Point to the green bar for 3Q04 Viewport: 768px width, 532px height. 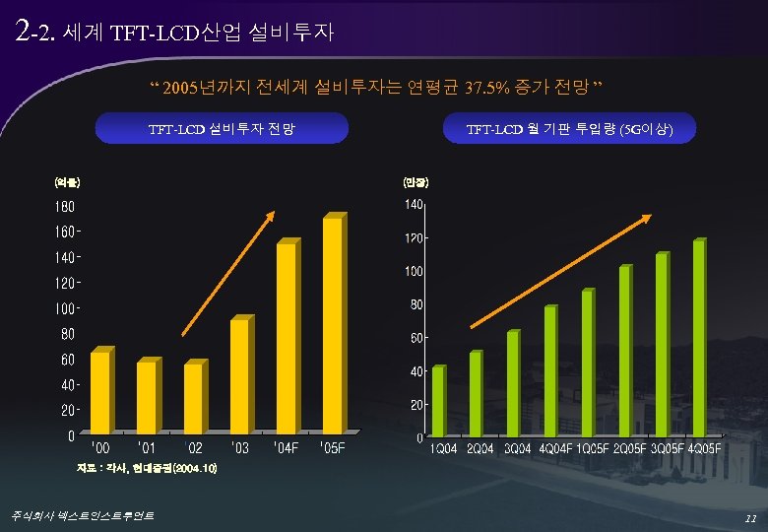tap(513, 383)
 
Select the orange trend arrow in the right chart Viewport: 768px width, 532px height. tap(559, 271)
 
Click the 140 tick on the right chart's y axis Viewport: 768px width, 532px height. tap(413, 205)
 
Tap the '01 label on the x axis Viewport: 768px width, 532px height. tap(147, 449)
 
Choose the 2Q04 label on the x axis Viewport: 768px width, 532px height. tap(481, 449)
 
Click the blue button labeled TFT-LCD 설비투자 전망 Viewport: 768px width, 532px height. tap(222, 129)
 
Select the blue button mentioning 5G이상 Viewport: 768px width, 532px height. tap(568, 129)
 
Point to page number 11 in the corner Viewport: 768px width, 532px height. tap(750, 516)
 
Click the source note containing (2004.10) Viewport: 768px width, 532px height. tap(147, 469)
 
